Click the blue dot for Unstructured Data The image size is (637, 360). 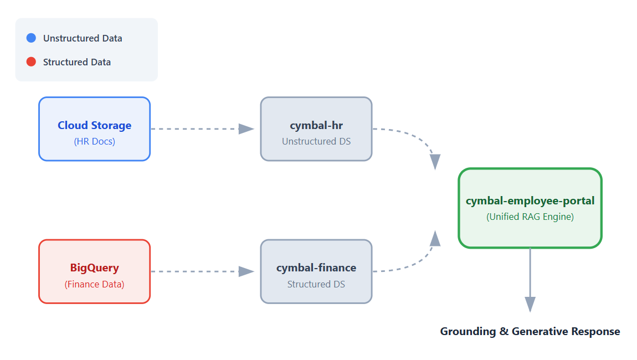point(31,38)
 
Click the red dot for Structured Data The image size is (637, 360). point(31,62)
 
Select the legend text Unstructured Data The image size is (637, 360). point(83,38)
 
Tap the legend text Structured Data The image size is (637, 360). point(77,62)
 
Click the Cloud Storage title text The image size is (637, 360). point(95,125)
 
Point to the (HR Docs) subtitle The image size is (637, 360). point(95,141)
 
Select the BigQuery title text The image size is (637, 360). point(95,268)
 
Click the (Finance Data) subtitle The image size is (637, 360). point(95,284)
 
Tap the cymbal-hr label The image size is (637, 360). point(316,125)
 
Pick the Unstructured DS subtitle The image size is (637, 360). point(316,141)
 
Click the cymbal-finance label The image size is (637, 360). point(316,268)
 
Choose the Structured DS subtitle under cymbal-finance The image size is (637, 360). point(316,284)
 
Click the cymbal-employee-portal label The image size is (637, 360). point(530,200)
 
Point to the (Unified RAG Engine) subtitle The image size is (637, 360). point(530,217)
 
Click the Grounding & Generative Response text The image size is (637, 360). point(530,331)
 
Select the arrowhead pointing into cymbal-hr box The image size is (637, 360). point(246,129)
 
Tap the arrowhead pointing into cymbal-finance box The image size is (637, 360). point(246,271)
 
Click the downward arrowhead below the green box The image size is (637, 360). point(530,304)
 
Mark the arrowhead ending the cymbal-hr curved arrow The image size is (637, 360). point(435,162)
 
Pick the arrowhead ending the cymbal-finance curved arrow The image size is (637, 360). point(435,238)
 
